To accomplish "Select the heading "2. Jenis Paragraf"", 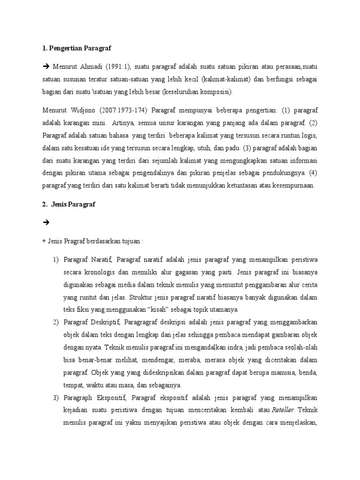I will tap(68, 204).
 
